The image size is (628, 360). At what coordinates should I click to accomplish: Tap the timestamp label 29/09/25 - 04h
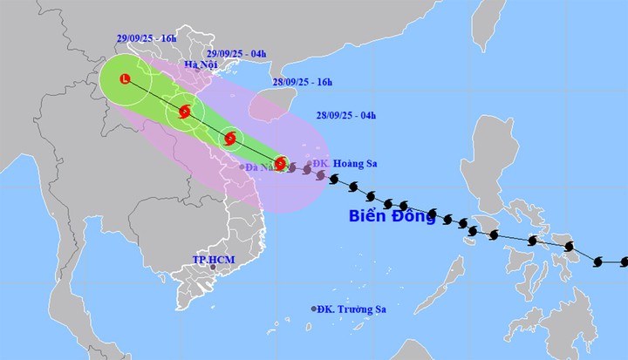click(x=231, y=52)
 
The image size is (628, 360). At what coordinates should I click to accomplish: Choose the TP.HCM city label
click(x=210, y=260)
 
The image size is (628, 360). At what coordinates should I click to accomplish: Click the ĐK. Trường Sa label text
click(x=354, y=309)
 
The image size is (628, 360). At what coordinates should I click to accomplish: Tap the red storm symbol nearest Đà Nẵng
click(x=279, y=163)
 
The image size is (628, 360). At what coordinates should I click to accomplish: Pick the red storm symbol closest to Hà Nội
click(x=184, y=111)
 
